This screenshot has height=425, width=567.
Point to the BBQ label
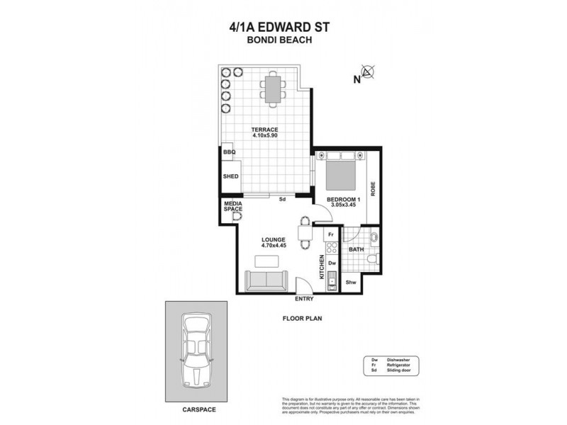229,152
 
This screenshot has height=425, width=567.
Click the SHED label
230,176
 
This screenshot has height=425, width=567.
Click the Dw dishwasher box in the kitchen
331,262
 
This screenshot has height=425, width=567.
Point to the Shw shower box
351,283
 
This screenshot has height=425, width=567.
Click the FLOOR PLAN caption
302,319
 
